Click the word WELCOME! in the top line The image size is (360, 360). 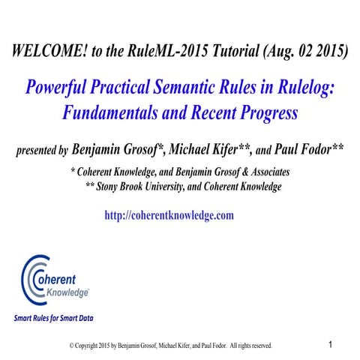pos(47,51)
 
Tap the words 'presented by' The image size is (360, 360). pos(42,150)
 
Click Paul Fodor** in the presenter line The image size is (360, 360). pos(311,149)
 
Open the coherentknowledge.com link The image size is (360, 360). pos(169,215)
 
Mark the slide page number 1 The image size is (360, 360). pos(331,344)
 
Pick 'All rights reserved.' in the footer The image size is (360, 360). pos(251,346)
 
